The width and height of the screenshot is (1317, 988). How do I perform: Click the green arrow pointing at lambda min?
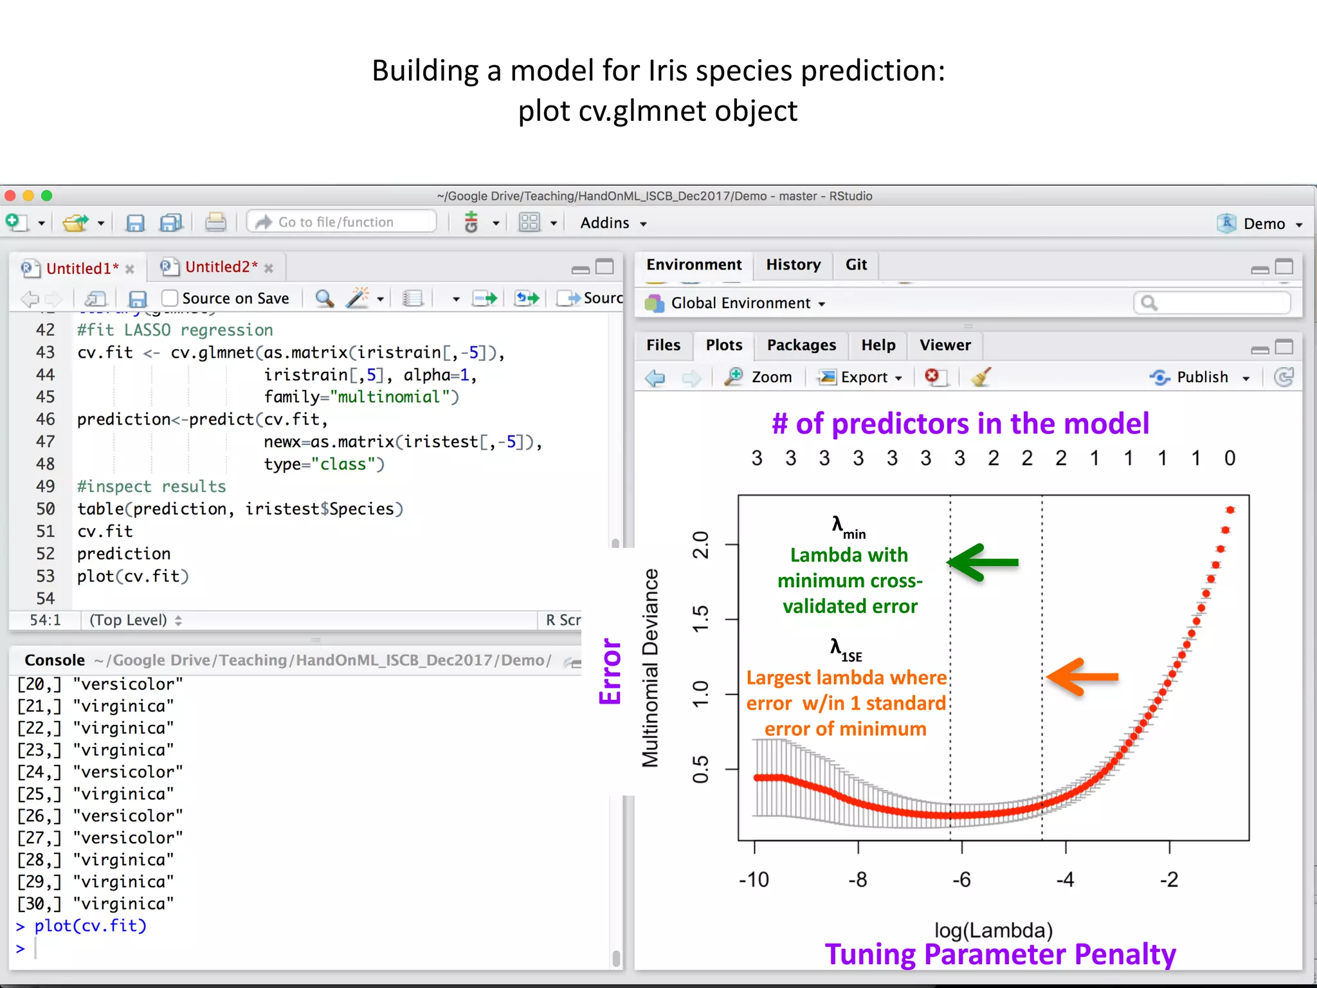[983, 563]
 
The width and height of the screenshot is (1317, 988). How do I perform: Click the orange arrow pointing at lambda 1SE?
[1083, 677]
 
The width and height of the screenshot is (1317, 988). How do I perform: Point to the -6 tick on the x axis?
[961, 879]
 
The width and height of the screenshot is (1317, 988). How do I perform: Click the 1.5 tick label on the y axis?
[700, 619]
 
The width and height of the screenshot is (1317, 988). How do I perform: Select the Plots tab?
[724, 345]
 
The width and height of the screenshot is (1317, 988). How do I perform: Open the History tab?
[793, 265]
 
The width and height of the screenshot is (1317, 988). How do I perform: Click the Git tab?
[856, 265]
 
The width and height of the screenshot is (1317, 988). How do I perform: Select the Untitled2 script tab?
[221, 268]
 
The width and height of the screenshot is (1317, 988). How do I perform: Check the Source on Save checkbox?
[170, 298]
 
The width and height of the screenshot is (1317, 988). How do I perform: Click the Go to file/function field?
[341, 223]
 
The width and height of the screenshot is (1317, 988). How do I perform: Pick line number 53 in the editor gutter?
[46, 576]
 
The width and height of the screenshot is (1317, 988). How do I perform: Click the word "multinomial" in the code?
[389, 397]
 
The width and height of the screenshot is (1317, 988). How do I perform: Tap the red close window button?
[10, 196]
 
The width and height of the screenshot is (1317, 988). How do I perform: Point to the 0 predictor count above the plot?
[1230, 459]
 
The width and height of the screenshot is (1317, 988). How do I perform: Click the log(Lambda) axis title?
[994, 930]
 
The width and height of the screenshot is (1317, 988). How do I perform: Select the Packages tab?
[801, 345]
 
